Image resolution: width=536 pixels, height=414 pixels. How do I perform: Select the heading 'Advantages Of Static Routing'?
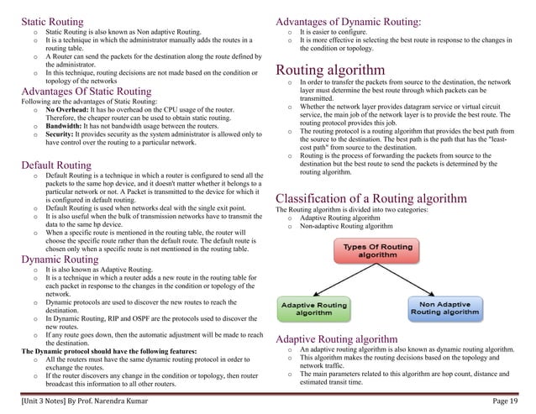(86, 92)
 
